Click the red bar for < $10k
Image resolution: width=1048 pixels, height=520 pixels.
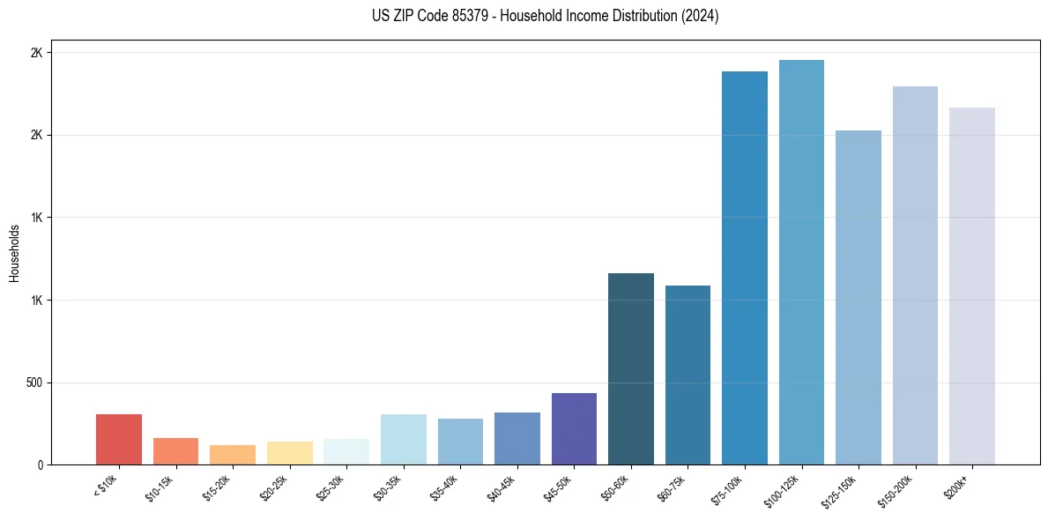(119, 439)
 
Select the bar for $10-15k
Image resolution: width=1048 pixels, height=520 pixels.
(175, 451)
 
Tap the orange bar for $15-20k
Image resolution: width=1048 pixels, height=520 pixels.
(233, 455)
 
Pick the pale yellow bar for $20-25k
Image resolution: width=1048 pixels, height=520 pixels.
(289, 453)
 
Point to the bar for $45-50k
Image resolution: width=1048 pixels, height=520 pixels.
(574, 428)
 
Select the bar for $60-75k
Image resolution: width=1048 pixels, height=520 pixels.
(688, 375)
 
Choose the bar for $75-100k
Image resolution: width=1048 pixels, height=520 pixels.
(745, 268)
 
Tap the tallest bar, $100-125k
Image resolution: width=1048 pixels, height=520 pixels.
(801, 262)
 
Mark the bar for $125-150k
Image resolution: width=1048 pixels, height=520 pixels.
(858, 297)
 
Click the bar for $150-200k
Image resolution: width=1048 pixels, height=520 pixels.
(915, 275)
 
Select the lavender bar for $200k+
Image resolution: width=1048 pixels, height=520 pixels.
(972, 286)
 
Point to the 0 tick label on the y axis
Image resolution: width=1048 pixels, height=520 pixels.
(39, 464)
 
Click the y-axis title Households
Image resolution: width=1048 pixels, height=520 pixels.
(14, 252)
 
